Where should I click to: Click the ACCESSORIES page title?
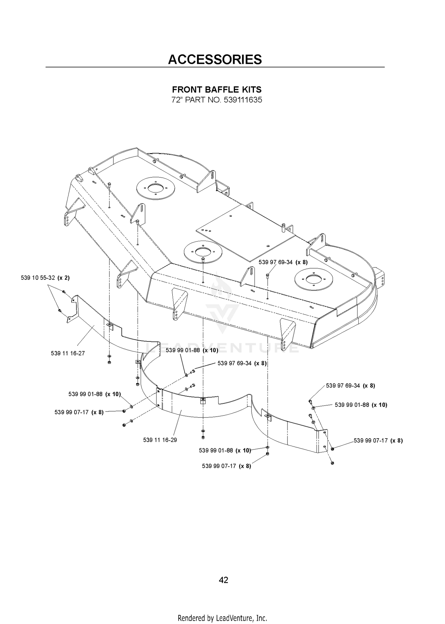(x=215, y=59)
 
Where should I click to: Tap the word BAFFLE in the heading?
(x=217, y=89)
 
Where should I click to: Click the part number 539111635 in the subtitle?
(x=243, y=100)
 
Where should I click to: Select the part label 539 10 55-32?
(x=38, y=278)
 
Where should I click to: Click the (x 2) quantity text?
(x=63, y=278)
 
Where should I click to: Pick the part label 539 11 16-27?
(x=68, y=353)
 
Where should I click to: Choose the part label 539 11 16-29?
(x=160, y=440)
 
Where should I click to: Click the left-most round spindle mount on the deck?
(x=155, y=188)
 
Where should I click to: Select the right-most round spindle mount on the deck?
(x=314, y=279)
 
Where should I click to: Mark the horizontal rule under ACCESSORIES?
(x=215, y=67)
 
